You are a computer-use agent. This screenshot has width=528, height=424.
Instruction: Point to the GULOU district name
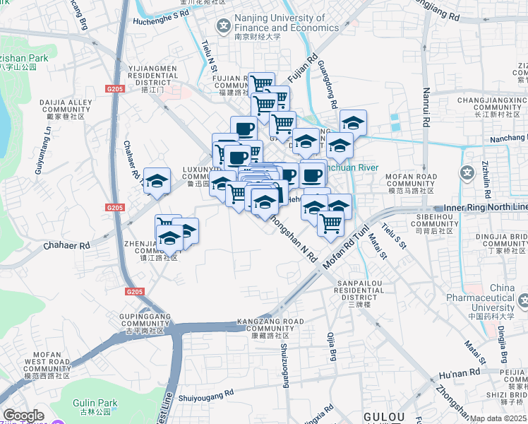(383, 416)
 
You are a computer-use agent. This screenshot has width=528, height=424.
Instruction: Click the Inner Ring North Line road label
(486, 206)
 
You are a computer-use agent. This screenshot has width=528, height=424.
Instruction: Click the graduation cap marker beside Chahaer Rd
(157, 180)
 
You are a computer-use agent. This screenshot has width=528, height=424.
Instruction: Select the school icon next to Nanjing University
(224, 27)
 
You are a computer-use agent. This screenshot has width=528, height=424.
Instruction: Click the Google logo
(23, 416)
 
